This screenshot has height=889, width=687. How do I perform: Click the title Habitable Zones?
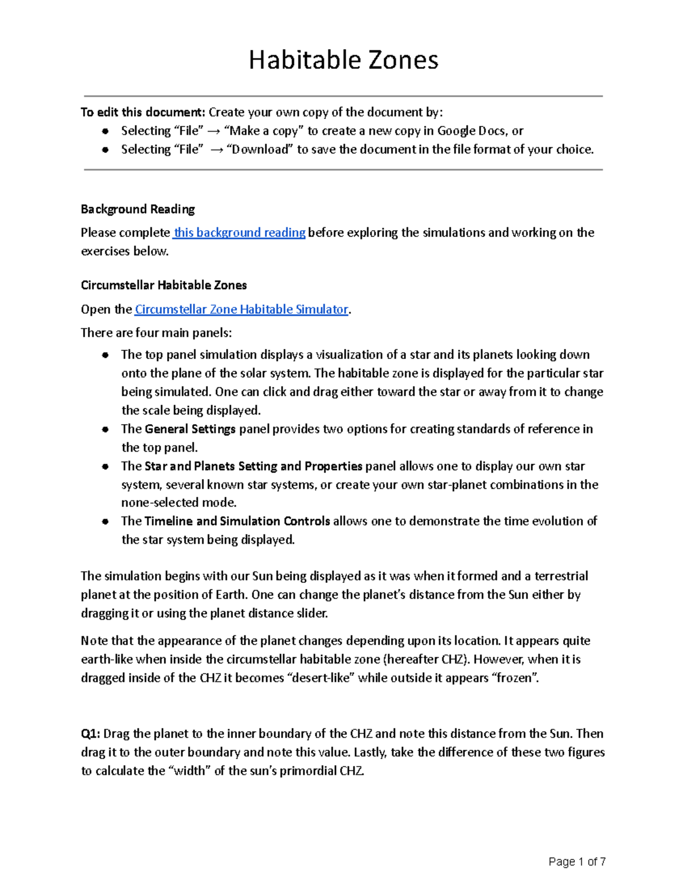coord(343,60)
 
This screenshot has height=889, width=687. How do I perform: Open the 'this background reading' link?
coord(239,232)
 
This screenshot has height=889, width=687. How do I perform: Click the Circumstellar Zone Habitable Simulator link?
coord(241,309)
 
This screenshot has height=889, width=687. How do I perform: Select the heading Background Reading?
coord(137,209)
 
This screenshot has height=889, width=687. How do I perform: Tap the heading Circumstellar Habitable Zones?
coord(164,285)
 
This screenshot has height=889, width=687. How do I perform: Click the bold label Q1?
coord(90,734)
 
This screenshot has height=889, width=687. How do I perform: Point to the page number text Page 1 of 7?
coord(577,862)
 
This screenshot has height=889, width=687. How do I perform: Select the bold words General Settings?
coord(190,429)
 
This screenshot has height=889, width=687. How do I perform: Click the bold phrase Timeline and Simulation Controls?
coord(237,521)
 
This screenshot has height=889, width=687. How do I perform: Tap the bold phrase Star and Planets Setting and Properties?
coord(253,466)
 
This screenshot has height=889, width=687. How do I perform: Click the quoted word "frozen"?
coord(515,678)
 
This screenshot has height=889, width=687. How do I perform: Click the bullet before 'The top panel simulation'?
coord(105,355)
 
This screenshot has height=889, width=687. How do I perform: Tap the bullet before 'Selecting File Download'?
coord(105,150)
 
